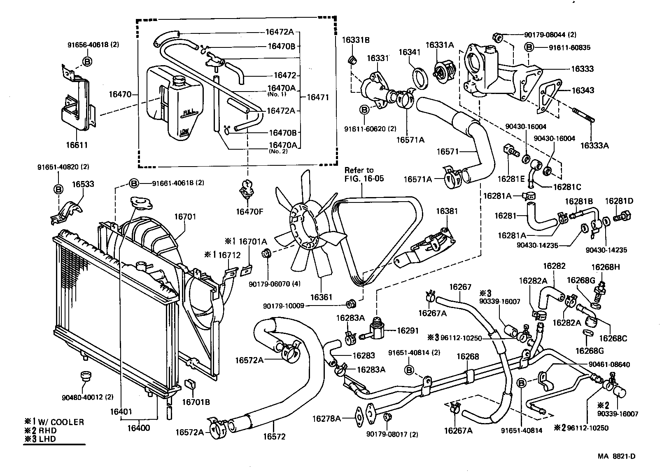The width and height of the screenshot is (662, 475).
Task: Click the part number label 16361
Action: tap(321, 297)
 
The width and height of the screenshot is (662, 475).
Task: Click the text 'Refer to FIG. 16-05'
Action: tap(359, 174)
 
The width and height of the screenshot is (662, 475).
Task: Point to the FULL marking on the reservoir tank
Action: tap(190, 112)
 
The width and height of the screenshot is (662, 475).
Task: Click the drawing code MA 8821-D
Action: tap(616, 456)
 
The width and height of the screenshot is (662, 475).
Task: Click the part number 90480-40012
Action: tap(82, 397)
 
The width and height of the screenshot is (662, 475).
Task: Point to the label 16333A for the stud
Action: tap(594, 145)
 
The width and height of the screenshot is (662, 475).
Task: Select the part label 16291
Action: tap(407, 330)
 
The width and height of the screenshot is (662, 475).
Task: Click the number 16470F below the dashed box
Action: tap(249, 212)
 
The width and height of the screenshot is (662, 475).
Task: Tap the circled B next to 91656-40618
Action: tap(87, 61)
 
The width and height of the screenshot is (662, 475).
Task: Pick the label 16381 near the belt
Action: tap(447, 211)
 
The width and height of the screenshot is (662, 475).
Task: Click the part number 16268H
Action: tap(605, 267)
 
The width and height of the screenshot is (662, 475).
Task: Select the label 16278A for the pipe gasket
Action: tap(326, 419)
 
